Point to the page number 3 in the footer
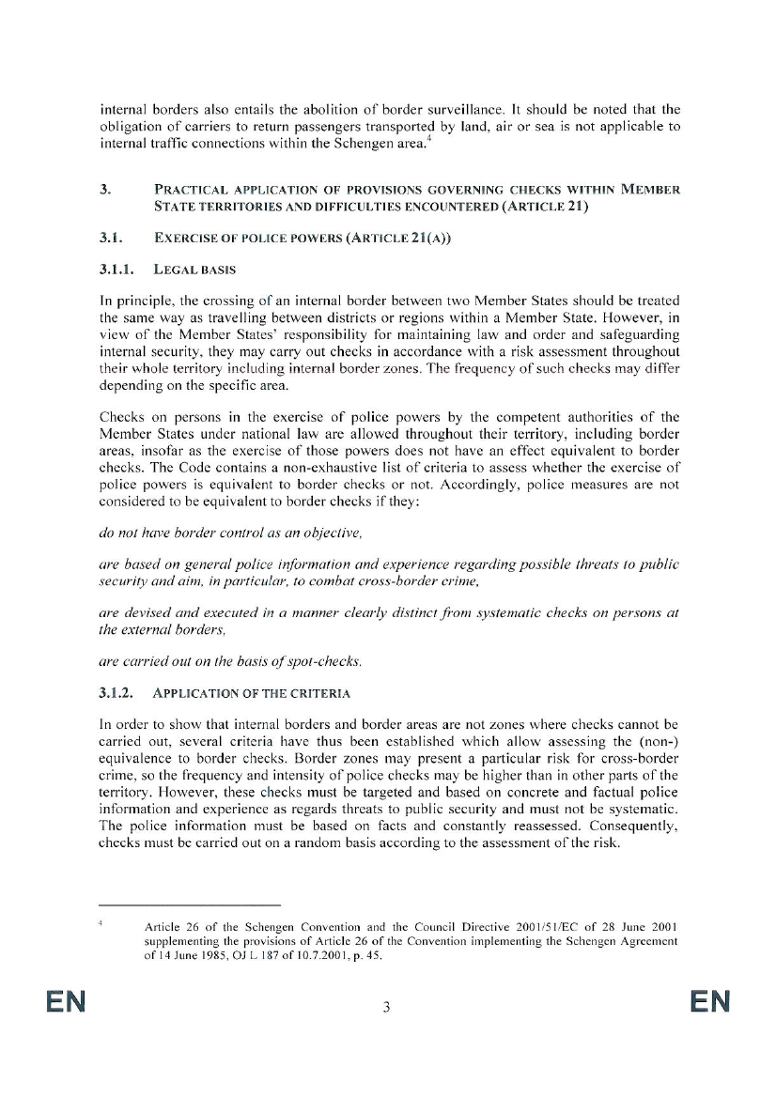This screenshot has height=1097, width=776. coord(386,1009)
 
